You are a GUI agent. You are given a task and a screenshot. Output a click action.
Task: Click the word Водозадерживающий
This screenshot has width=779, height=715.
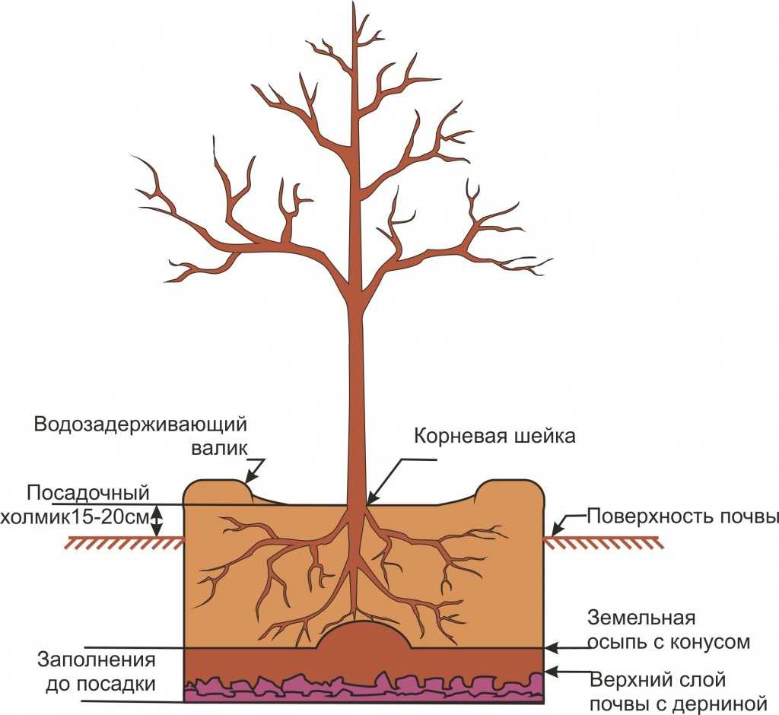(141, 424)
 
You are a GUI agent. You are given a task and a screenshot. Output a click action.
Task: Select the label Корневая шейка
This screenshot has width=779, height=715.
(494, 437)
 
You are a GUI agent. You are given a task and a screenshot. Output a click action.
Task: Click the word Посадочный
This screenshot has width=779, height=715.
(87, 491)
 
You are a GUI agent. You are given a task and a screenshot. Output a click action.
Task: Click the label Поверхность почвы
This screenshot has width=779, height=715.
(682, 517)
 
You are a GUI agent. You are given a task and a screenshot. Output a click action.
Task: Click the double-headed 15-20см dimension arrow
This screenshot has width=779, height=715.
(158, 521)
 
